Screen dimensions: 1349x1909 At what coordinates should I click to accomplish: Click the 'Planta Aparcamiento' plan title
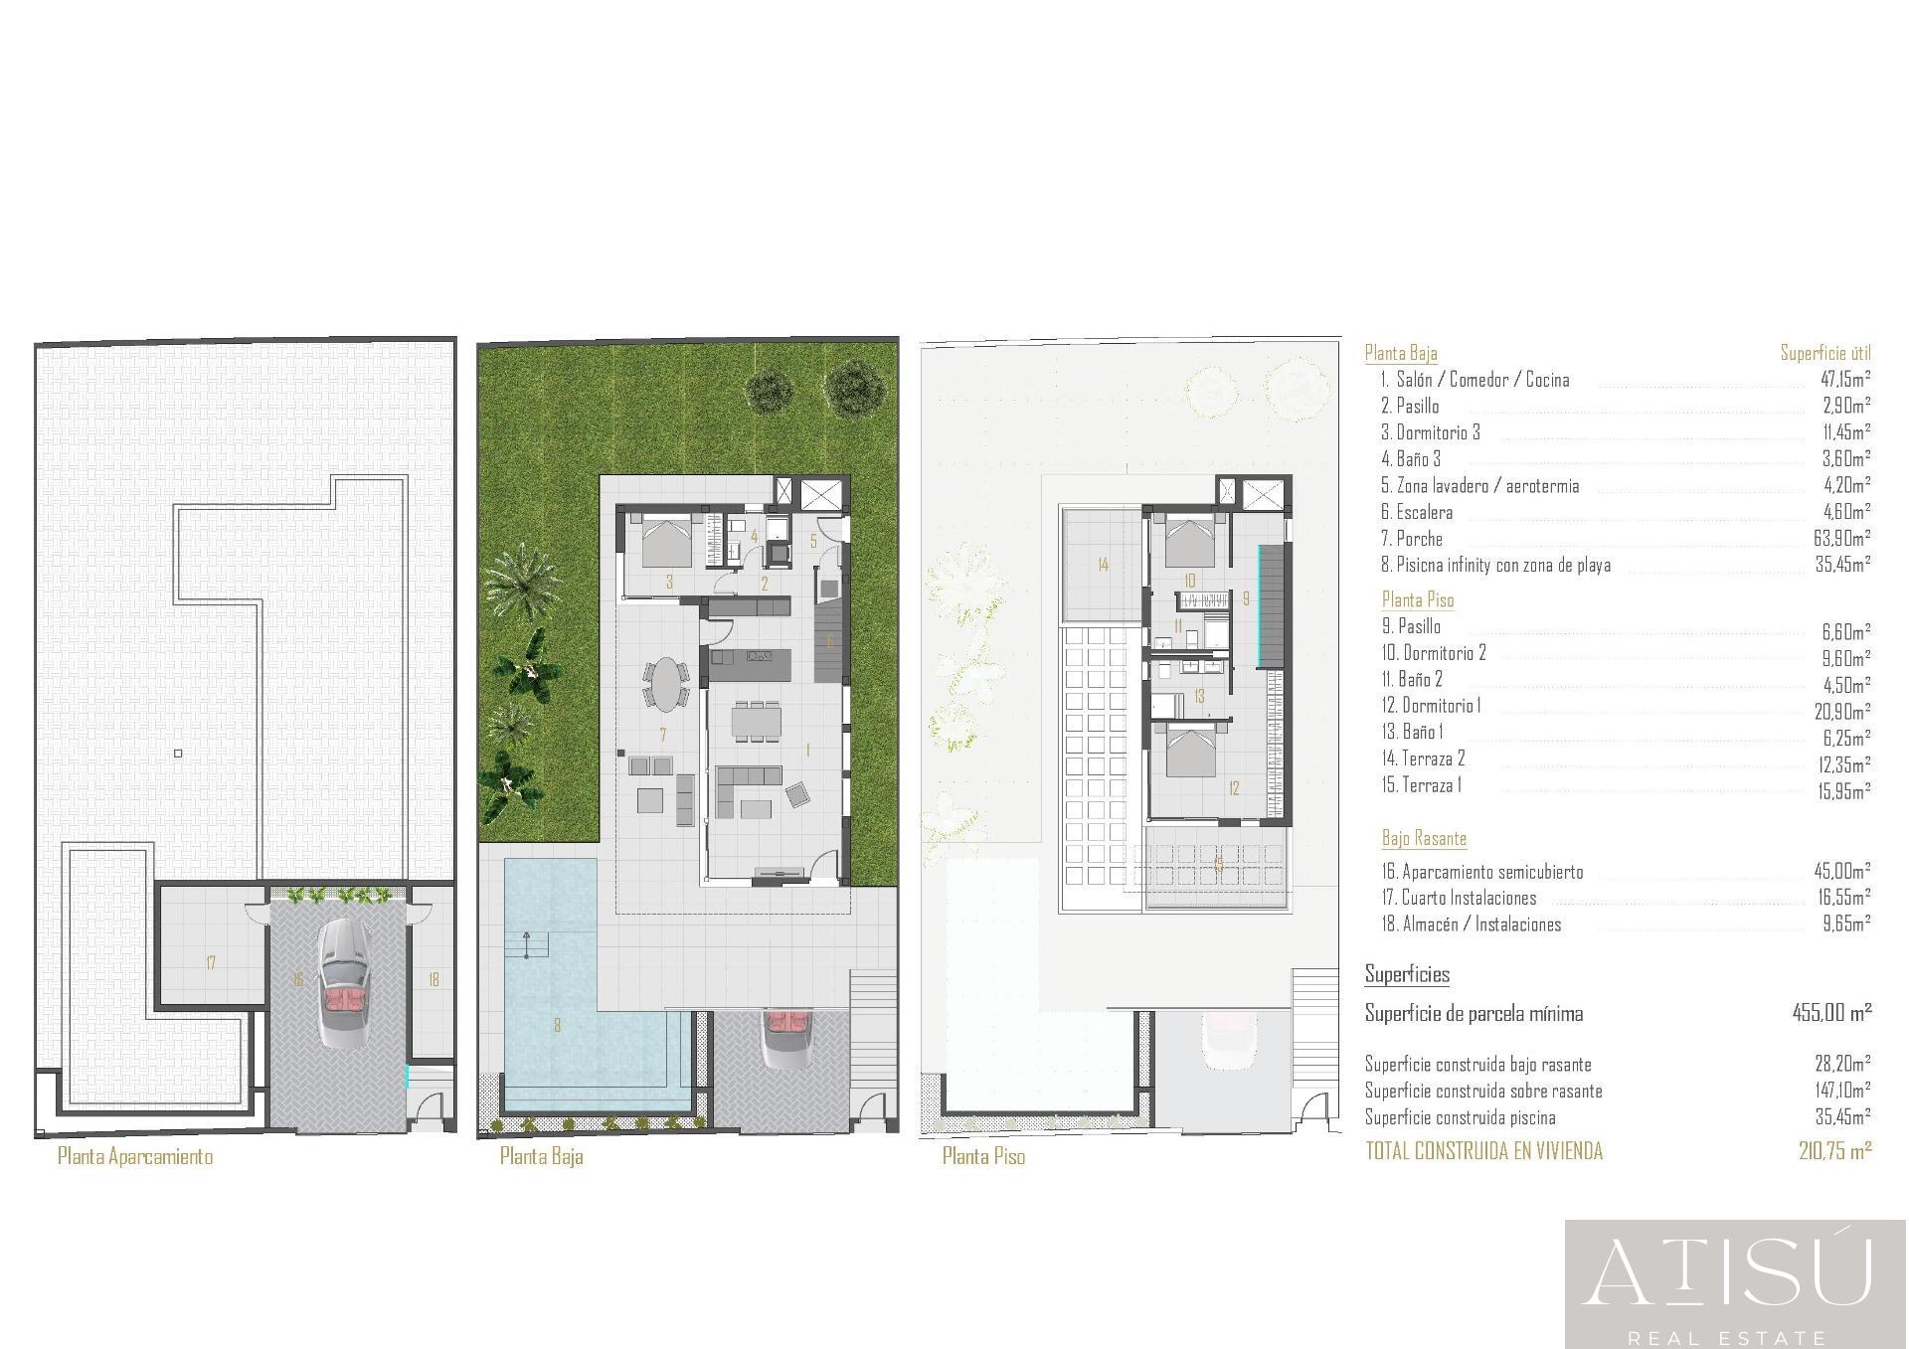[x=135, y=1156]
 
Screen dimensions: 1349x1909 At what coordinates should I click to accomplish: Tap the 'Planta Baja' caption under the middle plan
[x=541, y=1156]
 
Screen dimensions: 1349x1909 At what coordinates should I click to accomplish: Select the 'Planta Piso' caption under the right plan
[x=983, y=1156]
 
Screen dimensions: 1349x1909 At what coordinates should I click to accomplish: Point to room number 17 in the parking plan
[x=211, y=962]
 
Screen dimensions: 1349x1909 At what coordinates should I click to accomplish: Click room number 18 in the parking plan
[x=434, y=980]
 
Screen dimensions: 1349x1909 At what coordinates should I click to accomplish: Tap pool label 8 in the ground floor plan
[x=557, y=1025]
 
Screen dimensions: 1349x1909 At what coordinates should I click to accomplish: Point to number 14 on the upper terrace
[x=1103, y=565]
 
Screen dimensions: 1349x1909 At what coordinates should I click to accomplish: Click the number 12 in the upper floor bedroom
[x=1234, y=789]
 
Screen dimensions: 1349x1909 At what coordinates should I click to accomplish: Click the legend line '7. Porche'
[x=1412, y=539]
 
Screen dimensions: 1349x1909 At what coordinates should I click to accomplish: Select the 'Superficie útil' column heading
[x=1825, y=353]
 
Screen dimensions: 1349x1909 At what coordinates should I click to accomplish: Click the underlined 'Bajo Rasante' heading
[x=1424, y=838]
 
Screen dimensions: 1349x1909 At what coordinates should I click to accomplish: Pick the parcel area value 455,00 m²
[x=1831, y=1013]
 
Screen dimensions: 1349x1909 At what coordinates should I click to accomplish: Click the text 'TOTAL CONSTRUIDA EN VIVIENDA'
[x=1483, y=1151]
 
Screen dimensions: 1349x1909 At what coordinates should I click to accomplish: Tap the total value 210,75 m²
[x=1834, y=1151]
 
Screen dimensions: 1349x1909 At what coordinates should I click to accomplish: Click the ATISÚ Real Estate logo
[x=1736, y=1283]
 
